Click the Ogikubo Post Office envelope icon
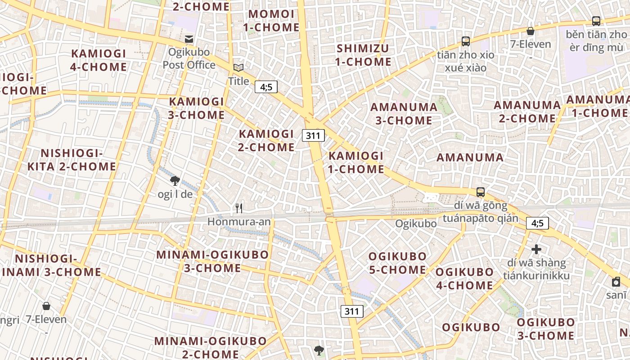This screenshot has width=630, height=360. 189,39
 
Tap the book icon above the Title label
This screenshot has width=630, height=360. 238,68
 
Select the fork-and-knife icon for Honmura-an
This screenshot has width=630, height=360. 239,208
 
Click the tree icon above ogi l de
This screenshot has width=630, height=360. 175,181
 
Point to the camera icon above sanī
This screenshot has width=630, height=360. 616,282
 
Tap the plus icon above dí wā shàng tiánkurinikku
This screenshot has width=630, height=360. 536,249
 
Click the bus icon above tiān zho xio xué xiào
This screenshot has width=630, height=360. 466,41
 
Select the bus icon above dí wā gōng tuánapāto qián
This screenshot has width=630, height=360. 481,192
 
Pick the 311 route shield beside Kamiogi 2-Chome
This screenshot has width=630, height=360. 313,135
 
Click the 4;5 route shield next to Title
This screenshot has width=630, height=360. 266,87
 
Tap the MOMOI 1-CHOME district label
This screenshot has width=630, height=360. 271,21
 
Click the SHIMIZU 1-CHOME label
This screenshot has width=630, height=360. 363,55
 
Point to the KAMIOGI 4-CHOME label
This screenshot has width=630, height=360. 99,60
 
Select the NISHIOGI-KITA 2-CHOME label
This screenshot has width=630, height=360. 72,160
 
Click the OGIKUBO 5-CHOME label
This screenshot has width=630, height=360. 397,263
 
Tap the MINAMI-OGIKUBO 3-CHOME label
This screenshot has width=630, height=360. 212,261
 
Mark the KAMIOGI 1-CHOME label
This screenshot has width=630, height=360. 356,162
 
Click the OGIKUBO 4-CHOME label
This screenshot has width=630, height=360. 464,279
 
